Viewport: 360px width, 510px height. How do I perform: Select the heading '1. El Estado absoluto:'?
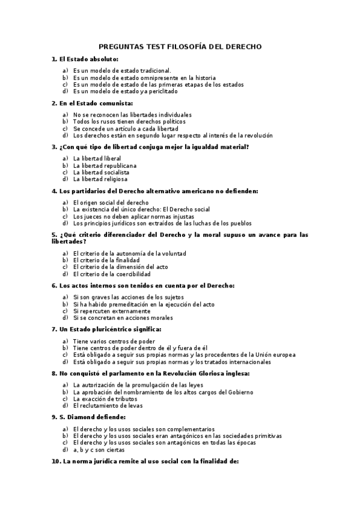point(85,59)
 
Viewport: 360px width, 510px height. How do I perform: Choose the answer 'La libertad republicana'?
point(105,165)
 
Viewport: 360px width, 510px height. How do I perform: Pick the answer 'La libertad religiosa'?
point(100,179)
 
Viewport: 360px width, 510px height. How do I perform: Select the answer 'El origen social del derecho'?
point(111,203)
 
